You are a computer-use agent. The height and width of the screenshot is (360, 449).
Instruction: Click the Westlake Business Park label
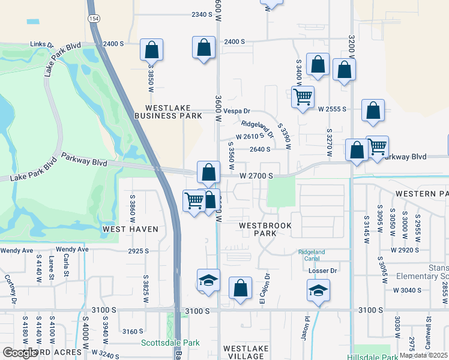click(169, 111)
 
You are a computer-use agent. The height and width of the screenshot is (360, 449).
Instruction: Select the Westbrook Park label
click(265, 229)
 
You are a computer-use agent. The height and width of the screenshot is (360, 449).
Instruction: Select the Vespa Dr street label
click(237, 112)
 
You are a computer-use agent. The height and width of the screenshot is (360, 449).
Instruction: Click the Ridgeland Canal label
click(312, 256)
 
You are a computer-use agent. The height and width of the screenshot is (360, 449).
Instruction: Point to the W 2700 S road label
click(257, 176)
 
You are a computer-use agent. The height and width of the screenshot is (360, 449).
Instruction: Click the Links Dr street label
click(42, 45)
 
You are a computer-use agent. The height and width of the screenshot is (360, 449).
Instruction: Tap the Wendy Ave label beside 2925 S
click(72, 250)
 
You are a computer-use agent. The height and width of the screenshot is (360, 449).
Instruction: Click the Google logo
click(20, 353)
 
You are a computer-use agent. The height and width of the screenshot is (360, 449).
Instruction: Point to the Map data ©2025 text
click(424, 355)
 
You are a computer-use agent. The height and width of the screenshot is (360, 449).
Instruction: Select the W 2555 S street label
click(333, 109)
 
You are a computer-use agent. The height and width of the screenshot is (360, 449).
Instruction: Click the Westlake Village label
click(244, 352)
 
